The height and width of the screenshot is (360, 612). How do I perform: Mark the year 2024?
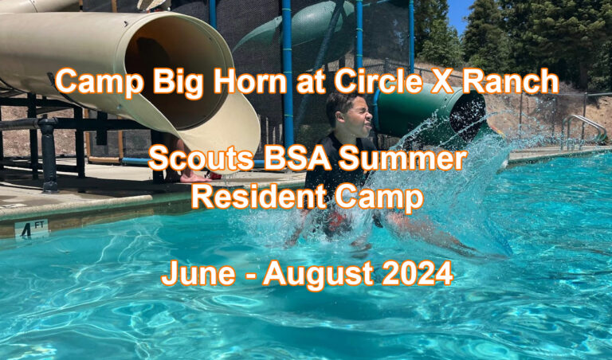pyautogui.click(x=421, y=275)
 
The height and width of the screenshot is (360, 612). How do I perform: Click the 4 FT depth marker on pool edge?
pyautogui.click(x=31, y=229)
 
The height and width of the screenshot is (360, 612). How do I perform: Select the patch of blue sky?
pyautogui.click(x=460, y=14)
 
